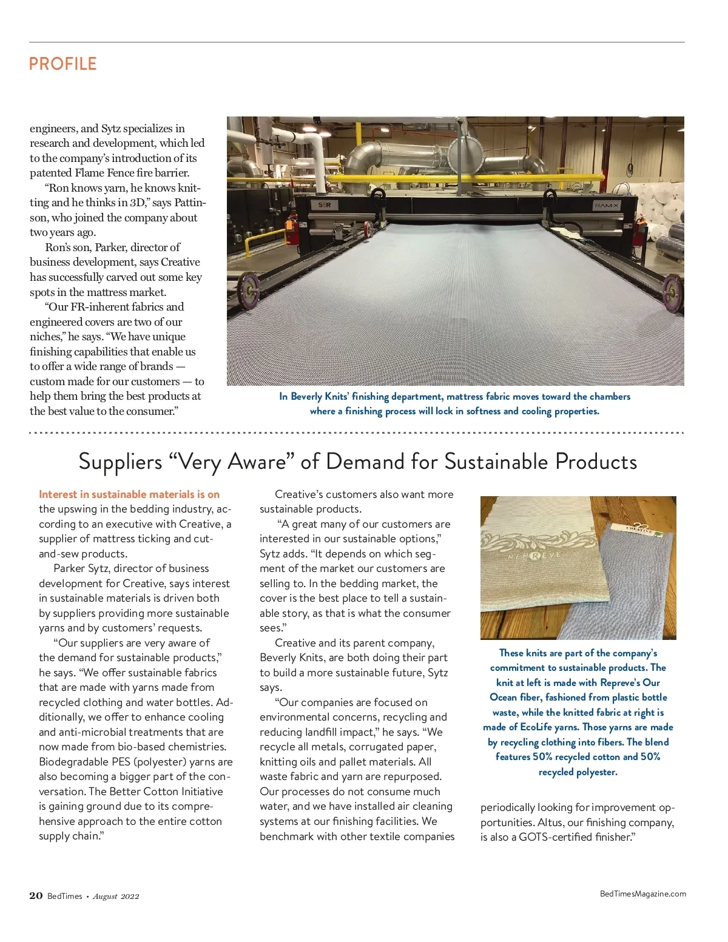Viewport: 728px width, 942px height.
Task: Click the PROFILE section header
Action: (62, 64)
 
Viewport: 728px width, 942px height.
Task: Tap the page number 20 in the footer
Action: (36, 896)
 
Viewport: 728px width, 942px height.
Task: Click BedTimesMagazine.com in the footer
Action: (643, 893)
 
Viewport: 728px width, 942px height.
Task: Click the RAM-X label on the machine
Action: (607, 206)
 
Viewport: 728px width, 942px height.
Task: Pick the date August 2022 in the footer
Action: (116, 897)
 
